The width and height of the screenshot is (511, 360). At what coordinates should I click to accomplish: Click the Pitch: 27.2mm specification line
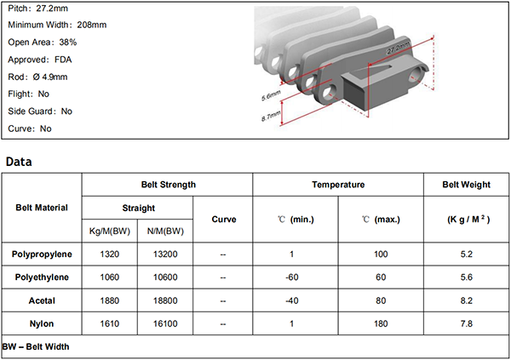click(37, 9)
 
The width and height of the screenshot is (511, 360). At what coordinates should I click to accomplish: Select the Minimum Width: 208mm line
click(57, 25)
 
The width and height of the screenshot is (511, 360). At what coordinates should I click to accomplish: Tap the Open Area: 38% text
click(42, 42)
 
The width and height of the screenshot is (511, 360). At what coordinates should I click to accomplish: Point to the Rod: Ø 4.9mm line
click(37, 77)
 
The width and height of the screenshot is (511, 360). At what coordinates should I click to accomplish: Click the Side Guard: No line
click(40, 111)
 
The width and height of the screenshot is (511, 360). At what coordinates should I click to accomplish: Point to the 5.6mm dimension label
click(271, 96)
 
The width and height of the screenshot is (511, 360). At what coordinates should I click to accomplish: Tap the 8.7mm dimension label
click(271, 117)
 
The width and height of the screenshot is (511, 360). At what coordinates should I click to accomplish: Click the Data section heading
click(19, 162)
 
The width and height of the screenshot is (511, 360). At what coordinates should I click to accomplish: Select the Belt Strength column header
click(168, 185)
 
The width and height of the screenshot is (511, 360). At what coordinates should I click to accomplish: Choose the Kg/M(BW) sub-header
click(110, 231)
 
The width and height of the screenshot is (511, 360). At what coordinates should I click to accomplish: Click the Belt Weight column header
click(466, 185)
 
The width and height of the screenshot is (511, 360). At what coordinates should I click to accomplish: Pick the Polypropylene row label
click(42, 254)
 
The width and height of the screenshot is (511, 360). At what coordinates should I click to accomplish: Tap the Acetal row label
click(42, 300)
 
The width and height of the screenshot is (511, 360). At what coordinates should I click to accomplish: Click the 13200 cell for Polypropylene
click(165, 254)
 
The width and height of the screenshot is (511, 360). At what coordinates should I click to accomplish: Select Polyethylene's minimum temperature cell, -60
click(291, 277)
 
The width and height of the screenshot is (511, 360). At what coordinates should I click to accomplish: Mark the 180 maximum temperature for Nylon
click(381, 323)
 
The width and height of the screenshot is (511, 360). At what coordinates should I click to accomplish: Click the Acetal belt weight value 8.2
click(467, 300)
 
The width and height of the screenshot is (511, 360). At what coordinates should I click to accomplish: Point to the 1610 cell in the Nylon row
click(110, 323)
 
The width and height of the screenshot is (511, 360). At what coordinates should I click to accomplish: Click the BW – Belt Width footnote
click(36, 346)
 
